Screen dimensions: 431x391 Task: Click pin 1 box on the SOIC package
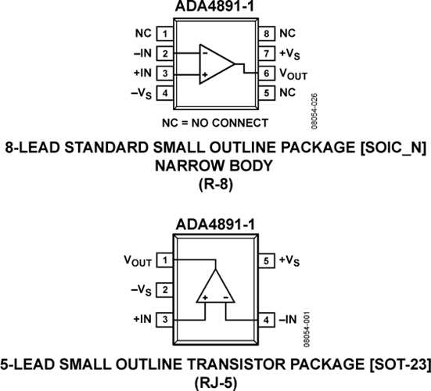pos(165,34)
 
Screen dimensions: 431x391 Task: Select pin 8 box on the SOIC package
pos(267,34)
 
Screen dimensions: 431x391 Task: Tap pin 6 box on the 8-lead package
pos(267,74)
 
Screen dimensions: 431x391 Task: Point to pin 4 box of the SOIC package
pos(165,93)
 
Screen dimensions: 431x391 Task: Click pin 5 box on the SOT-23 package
pos(267,260)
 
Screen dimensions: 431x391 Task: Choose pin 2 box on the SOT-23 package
pos(165,290)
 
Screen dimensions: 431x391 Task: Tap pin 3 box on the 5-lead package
pos(165,320)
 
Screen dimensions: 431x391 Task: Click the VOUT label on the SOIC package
pos(293,74)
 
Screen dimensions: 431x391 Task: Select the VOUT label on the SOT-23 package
pos(138,260)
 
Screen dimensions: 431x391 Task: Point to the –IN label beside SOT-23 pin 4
pos(288,320)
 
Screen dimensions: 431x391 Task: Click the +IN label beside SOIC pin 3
pos(142,73)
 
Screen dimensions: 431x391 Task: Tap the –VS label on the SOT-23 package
pos(142,291)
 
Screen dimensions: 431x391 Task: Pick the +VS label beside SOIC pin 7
pos(289,54)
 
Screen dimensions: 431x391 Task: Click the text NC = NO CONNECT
pos(215,123)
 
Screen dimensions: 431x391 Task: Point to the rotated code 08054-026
pos(314,111)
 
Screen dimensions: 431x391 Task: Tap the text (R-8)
pos(216,184)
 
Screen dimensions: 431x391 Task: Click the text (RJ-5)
pos(216,382)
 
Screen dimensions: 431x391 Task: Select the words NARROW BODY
pos(214,166)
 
